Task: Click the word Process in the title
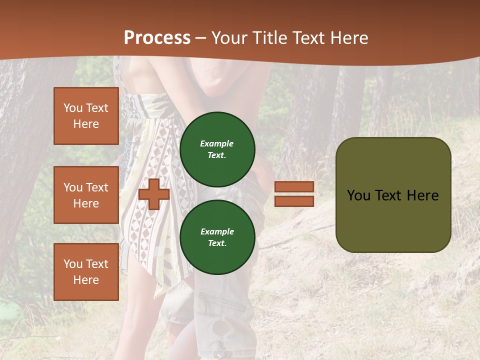coord(157,38)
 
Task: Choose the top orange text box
coord(86,116)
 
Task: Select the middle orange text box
coord(86,195)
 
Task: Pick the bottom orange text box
coord(86,272)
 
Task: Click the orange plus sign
coord(154,194)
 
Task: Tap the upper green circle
coord(217,149)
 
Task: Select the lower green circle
coord(217,237)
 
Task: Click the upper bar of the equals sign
coord(294,187)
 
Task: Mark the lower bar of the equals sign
coord(294,201)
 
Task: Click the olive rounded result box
coord(393,195)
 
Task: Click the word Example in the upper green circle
coord(217,143)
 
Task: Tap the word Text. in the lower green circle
coord(217,243)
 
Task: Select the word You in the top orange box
coord(73,108)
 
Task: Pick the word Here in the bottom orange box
coord(86,280)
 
